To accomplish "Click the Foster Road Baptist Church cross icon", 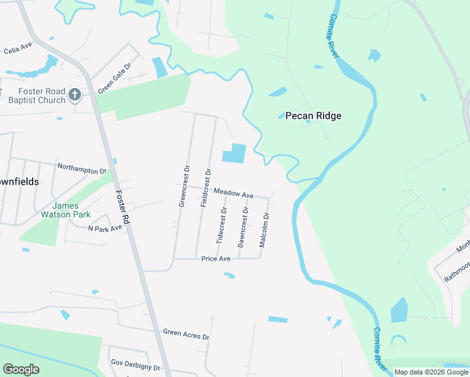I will tap(74, 96).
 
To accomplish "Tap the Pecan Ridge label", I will tap(313, 116).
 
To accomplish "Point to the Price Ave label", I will tap(216, 259).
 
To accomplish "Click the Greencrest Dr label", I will tap(183, 186).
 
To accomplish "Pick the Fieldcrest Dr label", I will tap(205, 188).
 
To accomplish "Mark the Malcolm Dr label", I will tap(265, 229).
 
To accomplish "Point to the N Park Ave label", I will tap(105, 228).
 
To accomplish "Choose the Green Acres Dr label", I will tap(185, 334).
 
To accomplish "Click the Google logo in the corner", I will tap(21, 369).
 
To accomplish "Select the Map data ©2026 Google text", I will tap(431, 372).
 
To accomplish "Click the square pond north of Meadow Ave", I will tap(233, 153).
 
